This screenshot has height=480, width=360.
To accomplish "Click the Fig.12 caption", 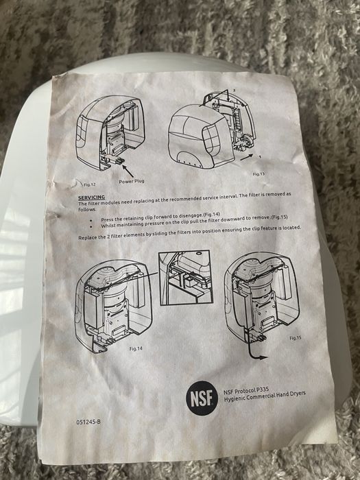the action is (x=90, y=184).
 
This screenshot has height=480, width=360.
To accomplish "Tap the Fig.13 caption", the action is (x=259, y=174).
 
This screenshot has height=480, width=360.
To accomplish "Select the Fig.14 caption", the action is (x=136, y=348).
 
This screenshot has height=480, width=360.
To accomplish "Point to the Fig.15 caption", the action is (x=296, y=338).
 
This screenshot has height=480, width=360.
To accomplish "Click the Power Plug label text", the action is (x=132, y=181).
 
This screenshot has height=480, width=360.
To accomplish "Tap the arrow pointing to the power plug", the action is (x=128, y=171).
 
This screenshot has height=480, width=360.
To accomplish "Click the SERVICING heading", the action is (x=91, y=197).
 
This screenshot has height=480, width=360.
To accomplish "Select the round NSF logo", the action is (x=202, y=398).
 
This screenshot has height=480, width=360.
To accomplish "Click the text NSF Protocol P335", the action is (x=246, y=390).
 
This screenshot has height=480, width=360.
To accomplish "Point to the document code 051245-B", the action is (x=88, y=422).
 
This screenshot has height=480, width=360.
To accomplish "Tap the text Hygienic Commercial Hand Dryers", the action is (x=265, y=397).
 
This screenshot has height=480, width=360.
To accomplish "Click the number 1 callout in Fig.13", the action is (x=260, y=157).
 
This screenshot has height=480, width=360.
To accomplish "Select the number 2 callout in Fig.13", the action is (x=235, y=91).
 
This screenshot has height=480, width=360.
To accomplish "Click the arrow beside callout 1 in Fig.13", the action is (x=247, y=157).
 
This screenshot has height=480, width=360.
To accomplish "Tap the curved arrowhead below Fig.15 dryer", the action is (x=263, y=357).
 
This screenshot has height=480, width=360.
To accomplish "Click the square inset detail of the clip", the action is (x=186, y=278).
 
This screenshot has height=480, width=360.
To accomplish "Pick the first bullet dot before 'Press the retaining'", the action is (x=91, y=220).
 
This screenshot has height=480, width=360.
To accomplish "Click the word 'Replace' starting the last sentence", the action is (x=87, y=238).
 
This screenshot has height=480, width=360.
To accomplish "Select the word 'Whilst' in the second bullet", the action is (x=108, y=226).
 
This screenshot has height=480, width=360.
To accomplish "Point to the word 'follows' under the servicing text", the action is (x=87, y=210).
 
